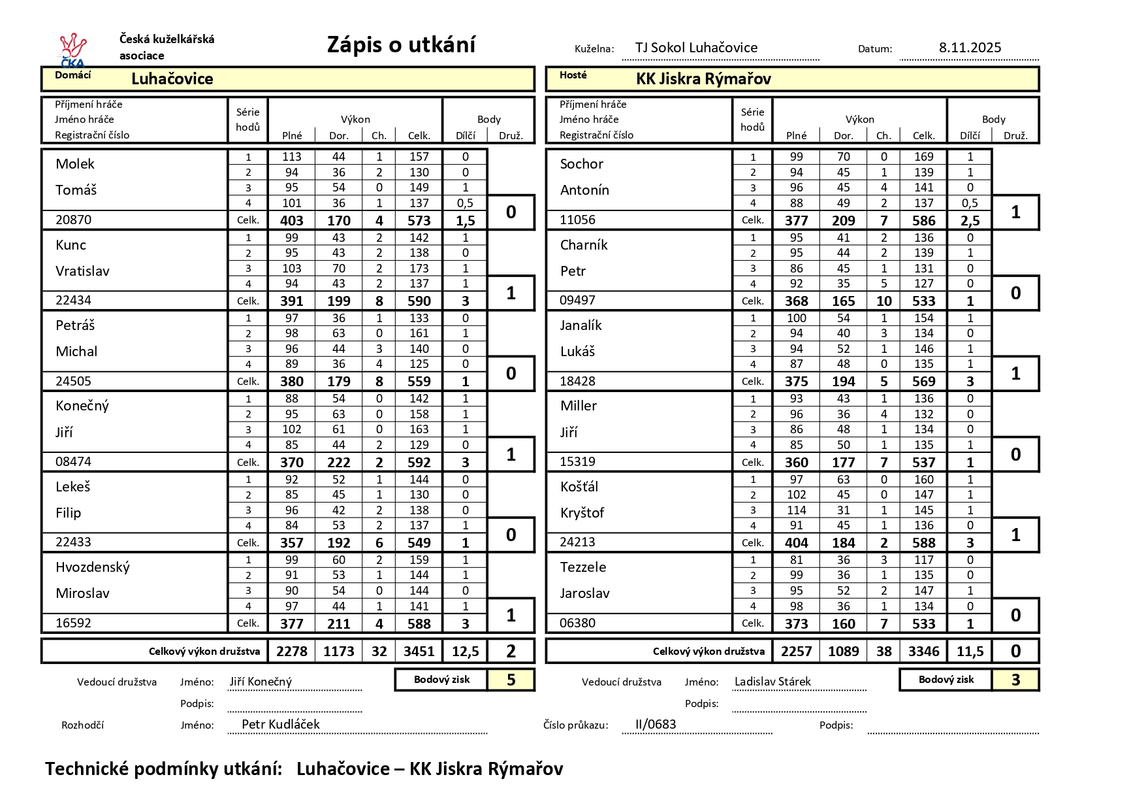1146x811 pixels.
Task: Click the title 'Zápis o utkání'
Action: point(401,44)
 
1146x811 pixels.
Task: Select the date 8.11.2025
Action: point(970,48)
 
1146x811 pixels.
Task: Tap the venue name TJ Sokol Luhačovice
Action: point(696,48)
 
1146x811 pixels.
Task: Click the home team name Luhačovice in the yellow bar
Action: point(172,79)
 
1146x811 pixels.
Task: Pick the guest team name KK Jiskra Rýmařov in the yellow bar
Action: point(703,79)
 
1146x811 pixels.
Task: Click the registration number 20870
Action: point(73,220)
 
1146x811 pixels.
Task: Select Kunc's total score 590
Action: point(419,301)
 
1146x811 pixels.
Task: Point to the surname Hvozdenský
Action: point(93,567)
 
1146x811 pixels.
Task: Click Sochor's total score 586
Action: point(923,220)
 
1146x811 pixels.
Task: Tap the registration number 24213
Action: point(577,542)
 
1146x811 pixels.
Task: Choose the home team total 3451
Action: point(419,651)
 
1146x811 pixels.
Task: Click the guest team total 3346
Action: point(923,651)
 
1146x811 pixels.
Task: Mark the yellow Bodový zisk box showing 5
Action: point(511,680)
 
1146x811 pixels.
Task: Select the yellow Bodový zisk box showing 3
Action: point(1015,680)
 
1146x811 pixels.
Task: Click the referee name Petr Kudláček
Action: point(281,724)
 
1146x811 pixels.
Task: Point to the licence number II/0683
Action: point(656,724)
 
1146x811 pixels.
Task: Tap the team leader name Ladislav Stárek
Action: point(772,682)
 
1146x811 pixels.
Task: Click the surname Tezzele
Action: point(583,567)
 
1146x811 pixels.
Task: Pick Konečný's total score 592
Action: point(419,462)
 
